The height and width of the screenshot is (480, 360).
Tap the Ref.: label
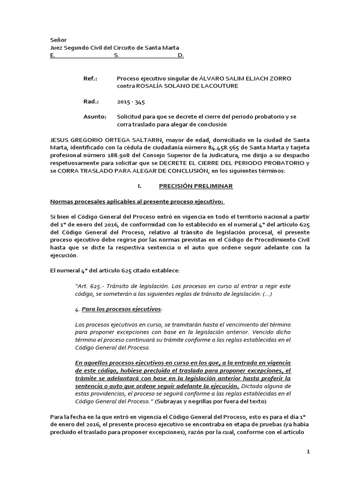point(90,78)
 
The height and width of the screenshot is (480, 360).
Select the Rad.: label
point(90,101)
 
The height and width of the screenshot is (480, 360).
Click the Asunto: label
point(94,117)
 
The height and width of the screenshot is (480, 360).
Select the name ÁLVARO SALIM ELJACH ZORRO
point(246,78)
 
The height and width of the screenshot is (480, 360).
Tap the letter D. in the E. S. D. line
point(181,55)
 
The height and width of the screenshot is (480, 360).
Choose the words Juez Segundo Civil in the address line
point(77,48)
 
